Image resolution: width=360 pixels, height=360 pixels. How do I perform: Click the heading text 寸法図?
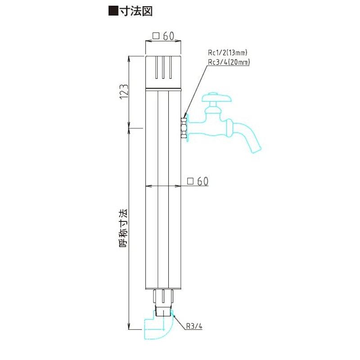tap(136, 11)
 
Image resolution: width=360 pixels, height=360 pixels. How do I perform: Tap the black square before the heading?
tap(113, 11)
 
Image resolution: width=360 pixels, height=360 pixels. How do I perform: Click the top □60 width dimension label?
tap(163, 36)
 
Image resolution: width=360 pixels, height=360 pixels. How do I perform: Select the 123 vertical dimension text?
tap(124, 92)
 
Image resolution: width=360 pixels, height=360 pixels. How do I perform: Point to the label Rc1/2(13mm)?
tap(228, 53)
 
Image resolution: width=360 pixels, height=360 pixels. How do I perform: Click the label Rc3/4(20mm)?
tap(229, 62)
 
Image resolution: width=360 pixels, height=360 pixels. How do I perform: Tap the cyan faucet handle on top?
tap(216, 98)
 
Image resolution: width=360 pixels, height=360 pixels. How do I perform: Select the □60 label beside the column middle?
tap(198, 181)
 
